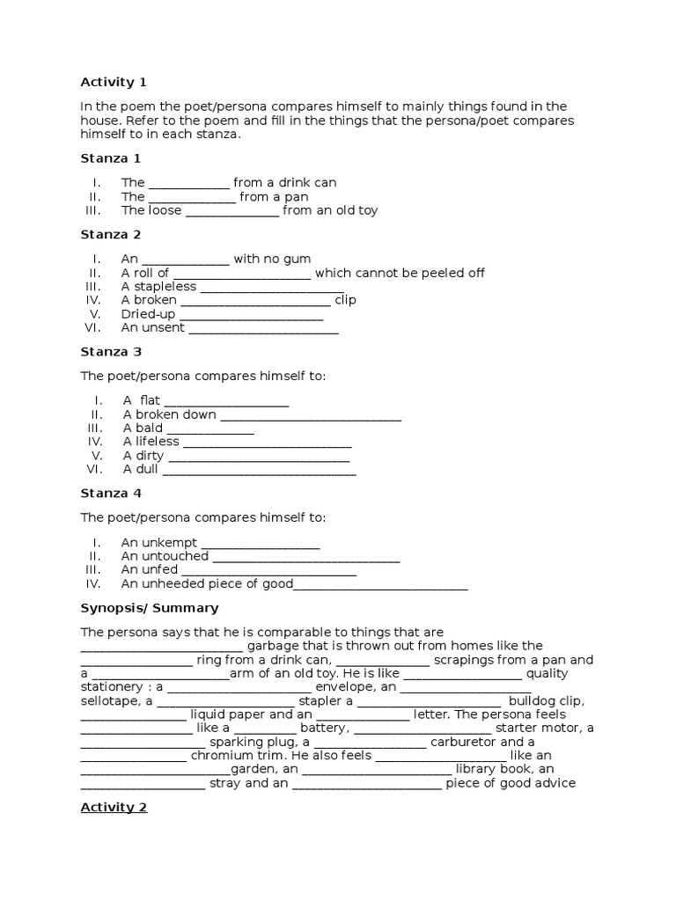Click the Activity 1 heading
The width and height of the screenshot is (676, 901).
[114, 83]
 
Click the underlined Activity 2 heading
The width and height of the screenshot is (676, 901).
[114, 807]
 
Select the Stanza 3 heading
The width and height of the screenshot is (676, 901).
[111, 352]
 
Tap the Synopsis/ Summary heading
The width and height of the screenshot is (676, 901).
[150, 608]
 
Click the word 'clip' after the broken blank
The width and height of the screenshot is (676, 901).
[345, 300]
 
